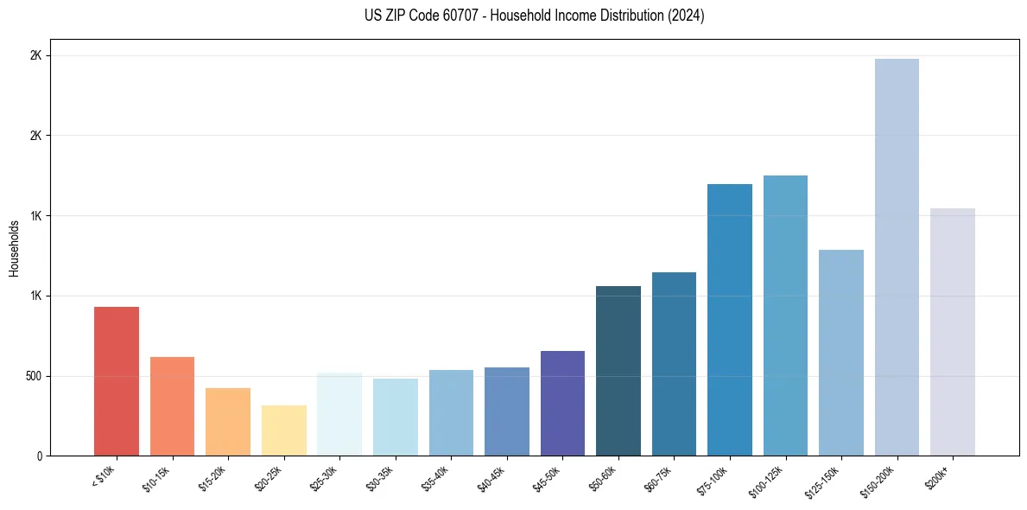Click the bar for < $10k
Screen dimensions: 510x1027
117,381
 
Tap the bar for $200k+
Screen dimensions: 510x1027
953,332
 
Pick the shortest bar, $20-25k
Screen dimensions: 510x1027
284,430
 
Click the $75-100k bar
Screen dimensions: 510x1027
730,320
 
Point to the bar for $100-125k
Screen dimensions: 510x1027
785,316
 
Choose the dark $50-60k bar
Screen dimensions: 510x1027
618,371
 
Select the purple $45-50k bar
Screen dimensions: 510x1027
562,404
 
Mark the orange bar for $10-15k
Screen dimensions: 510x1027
172,406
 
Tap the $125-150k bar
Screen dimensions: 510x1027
841,353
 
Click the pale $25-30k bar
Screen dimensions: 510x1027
339,414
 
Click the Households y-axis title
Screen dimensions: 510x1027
14,248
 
